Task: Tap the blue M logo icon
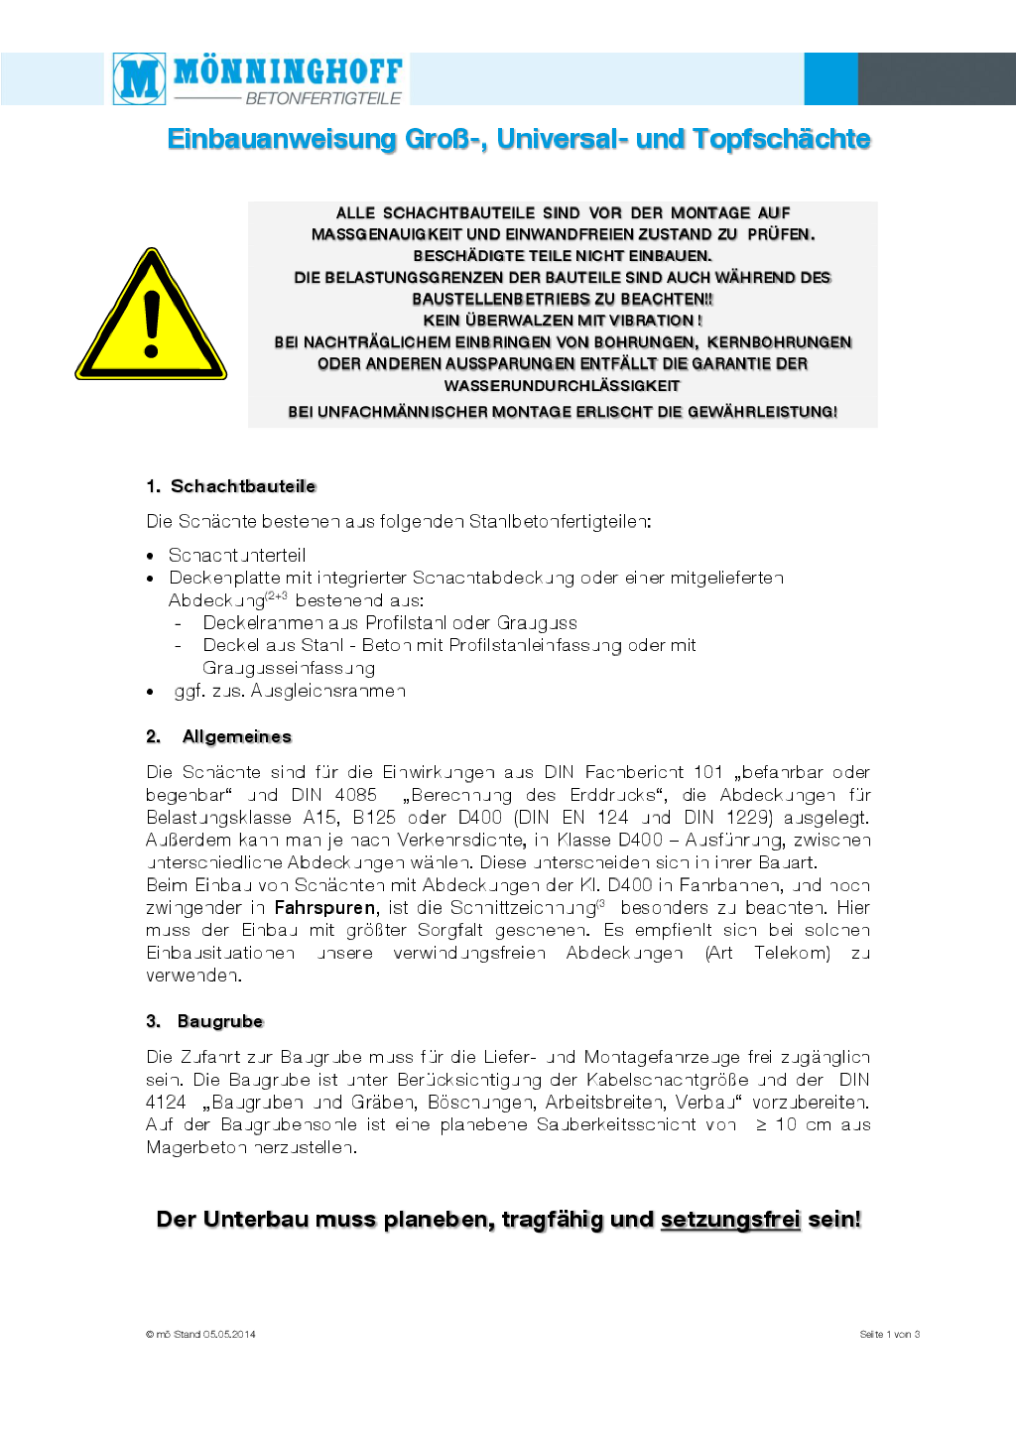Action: click(139, 78)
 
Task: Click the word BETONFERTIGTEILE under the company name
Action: click(322, 98)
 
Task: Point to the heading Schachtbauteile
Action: click(243, 486)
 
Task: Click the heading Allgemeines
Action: click(236, 736)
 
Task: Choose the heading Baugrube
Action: click(220, 1021)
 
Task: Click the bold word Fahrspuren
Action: click(324, 908)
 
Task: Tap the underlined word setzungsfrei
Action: click(730, 1219)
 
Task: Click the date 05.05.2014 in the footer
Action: click(229, 1334)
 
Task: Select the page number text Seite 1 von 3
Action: click(889, 1334)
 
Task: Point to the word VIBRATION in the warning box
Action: click(651, 321)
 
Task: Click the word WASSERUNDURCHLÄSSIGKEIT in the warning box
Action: click(562, 386)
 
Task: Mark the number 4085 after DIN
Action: click(355, 795)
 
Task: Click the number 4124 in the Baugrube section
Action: click(166, 1103)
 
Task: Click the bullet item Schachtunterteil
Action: click(237, 555)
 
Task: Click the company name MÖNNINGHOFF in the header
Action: click(288, 71)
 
